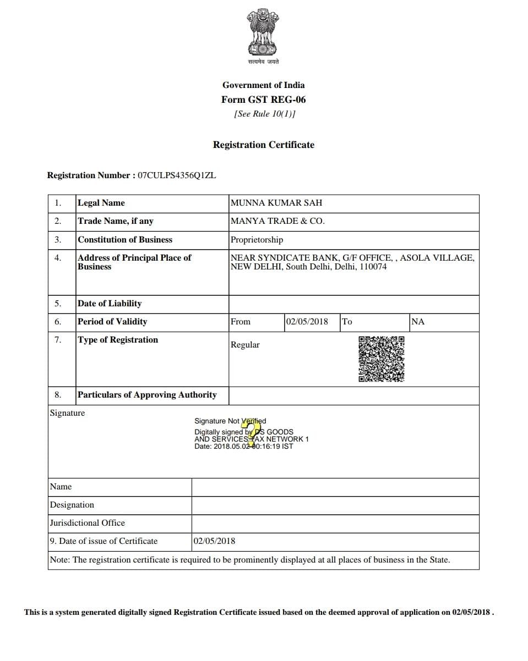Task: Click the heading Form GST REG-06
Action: pos(263,100)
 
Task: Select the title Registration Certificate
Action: pos(264,145)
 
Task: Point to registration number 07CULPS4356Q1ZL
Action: pos(177,175)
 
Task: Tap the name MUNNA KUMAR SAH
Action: pos(276,203)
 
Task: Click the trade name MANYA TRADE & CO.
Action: pos(277,221)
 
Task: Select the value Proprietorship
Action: pos(257,240)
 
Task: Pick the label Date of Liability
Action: pos(110,304)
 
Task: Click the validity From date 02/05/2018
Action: pos(307,322)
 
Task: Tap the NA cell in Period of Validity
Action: pos(418,322)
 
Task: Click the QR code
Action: pos(382,359)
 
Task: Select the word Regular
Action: pos(245,345)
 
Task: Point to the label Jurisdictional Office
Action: pos(87,523)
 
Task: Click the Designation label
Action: pos(72,505)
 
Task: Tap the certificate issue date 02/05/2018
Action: pos(214,541)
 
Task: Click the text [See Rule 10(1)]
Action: pos(264,114)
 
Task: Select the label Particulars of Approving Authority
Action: pos(147,395)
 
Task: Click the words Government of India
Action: pos(263,85)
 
